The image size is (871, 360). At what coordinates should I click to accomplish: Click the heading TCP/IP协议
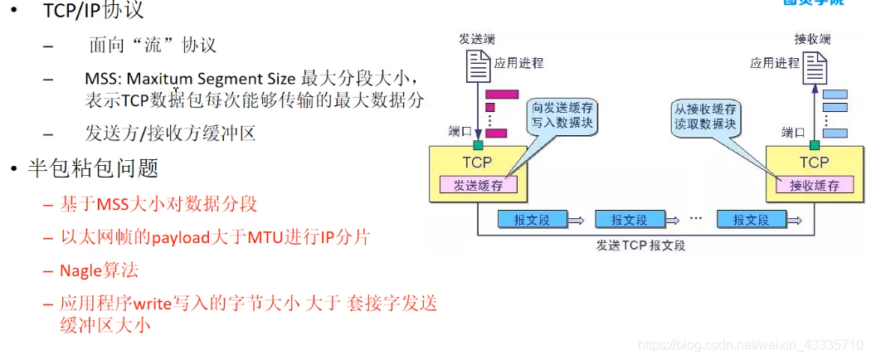click(93, 11)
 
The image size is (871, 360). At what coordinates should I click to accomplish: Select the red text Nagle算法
click(99, 270)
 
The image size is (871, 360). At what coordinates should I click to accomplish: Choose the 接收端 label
click(812, 38)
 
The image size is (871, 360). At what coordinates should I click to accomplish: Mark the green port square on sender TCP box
click(478, 144)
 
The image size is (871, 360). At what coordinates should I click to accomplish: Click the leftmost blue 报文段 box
click(532, 219)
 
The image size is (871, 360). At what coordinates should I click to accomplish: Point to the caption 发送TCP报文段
click(640, 246)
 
